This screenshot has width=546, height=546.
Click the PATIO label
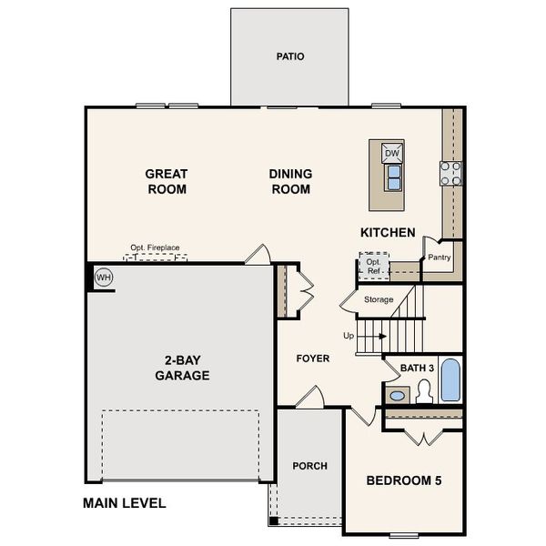click(290, 56)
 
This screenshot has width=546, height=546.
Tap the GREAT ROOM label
click(167, 181)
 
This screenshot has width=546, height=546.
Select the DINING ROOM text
click(290, 181)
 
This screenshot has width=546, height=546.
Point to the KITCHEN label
click(388, 233)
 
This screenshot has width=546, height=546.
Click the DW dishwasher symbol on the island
click(392, 153)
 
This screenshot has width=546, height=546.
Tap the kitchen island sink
click(393, 179)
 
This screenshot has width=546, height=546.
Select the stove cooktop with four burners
click(451, 173)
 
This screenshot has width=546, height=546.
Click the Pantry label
click(440, 258)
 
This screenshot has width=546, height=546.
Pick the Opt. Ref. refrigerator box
click(373, 266)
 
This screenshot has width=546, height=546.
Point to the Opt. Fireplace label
click(156, 248)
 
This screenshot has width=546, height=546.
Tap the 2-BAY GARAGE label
click(182, 367)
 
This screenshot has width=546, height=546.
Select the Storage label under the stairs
click(379, 299)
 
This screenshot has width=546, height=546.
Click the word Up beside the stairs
click(348, 336)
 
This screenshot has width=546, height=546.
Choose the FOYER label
click(313, 359)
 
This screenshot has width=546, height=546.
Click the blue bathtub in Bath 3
click(450, 380)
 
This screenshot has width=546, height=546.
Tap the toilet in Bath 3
click(423, 392)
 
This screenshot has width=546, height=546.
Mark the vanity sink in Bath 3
click(397, 395)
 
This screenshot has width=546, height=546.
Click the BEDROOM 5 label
click(403, 480)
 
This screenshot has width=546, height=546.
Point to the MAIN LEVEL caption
click(124, 502)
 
